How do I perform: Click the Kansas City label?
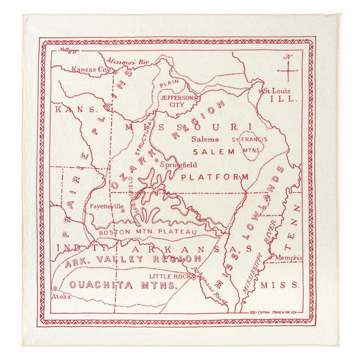coord(90,70)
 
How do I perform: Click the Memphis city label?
coord(287,257)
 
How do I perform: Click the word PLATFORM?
coord(214,177)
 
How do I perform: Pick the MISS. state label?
coord(279,285)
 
